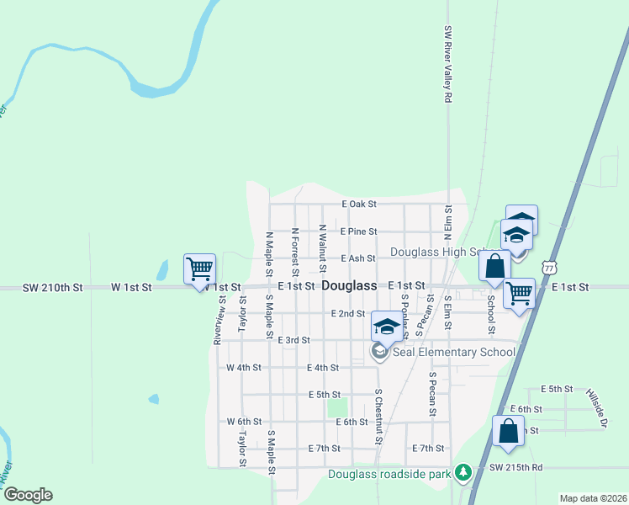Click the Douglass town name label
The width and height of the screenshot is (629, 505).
(349, 286)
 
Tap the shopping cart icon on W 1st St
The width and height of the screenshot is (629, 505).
(200, 269)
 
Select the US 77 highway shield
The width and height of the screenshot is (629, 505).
(549, 266)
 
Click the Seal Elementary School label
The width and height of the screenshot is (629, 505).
(451, 352)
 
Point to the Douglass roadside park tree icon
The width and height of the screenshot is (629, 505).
(462, 473)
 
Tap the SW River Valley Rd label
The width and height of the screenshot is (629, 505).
(448, 64)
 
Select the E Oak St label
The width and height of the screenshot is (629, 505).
(358, 204)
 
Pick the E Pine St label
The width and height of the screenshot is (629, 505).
(359, 231)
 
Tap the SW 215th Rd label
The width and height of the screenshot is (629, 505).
(515, 466)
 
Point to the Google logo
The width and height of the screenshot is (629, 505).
(27, 495)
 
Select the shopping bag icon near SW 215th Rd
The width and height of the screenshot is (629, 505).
(509, 432)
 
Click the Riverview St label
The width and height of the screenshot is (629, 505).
(219, 320)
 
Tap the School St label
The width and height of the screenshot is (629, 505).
(490, 313)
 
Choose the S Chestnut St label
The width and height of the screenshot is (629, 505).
(378, 417)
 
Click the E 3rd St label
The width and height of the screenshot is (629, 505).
(293, 340)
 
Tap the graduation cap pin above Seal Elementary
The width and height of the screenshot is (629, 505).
(387, 327)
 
